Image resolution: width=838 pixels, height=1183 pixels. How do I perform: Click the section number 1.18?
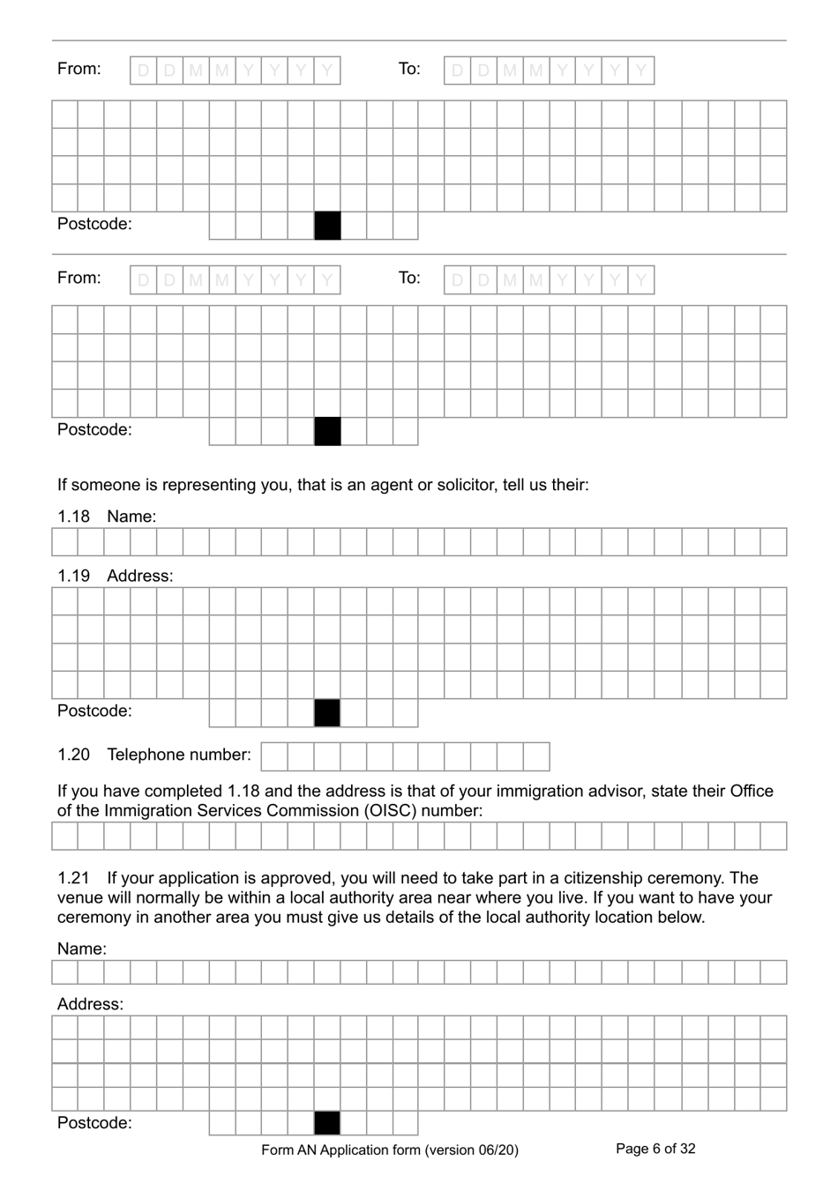(x=73, y=517)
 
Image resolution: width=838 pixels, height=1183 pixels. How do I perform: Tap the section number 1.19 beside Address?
(x=73, y=576)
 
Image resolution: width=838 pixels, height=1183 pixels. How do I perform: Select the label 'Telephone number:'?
(x=178, y=755)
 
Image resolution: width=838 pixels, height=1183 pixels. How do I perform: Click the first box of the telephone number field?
(x=274, y=756)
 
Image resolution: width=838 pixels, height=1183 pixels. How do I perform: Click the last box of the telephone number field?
(x=536, y=756)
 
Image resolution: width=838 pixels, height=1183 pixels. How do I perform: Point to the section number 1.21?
(x=73, y=878)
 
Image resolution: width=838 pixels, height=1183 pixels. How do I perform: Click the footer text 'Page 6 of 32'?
(x=655, y=1149)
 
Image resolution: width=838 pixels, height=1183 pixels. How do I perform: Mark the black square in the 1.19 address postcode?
(x=327, y=713)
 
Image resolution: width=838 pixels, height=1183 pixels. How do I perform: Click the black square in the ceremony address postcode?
(x=327, y=1123)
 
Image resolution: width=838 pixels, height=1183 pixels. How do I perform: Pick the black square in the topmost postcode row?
(x=327, y=226)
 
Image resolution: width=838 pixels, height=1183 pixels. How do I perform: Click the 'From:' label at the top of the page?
(x=79, y=69)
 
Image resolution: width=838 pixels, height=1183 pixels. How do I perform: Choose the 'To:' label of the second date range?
(x=409, y=279)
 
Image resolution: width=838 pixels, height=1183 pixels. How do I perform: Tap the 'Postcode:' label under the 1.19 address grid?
(x=94, y=711)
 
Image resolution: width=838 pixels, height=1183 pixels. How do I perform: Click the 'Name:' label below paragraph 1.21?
(x=81, y=949)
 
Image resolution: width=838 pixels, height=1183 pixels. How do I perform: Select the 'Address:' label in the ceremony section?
(x=90, y=1004)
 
